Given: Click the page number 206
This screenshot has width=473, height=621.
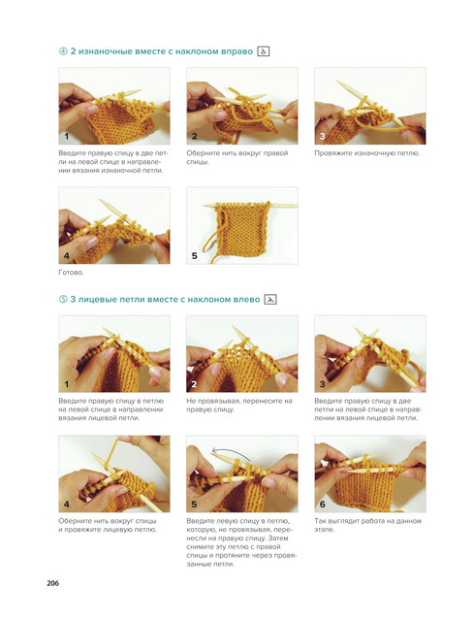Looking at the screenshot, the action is point(52,583).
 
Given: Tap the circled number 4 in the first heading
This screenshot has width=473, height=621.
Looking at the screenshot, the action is point(63,51).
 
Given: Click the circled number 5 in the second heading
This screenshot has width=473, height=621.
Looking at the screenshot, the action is point(63,300).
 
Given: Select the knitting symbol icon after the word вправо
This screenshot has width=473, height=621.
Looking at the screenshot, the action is point(264,51).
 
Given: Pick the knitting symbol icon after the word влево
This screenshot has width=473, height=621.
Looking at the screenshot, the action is point(270,300).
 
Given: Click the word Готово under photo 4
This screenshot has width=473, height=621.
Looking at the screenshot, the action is point(71,273).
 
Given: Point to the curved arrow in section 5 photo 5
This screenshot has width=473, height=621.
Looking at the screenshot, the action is point(232,454).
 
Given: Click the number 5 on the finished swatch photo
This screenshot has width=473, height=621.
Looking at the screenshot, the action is point(194,256).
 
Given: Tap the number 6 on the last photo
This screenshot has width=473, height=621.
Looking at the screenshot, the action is point(323,505).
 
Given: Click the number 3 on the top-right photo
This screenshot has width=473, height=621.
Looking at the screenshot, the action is point(322,137).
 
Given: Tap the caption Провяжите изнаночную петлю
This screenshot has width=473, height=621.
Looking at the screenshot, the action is point(367,153).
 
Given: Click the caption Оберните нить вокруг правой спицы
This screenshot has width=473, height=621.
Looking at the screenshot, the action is point(237,157).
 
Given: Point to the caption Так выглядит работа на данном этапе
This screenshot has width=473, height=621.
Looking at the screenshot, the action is point(367,525).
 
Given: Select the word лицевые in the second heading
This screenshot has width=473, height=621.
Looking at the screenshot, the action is point(95,300).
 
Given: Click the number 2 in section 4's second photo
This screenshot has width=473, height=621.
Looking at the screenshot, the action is point(194,137).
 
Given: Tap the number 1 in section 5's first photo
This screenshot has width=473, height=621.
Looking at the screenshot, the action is point(67,384).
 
